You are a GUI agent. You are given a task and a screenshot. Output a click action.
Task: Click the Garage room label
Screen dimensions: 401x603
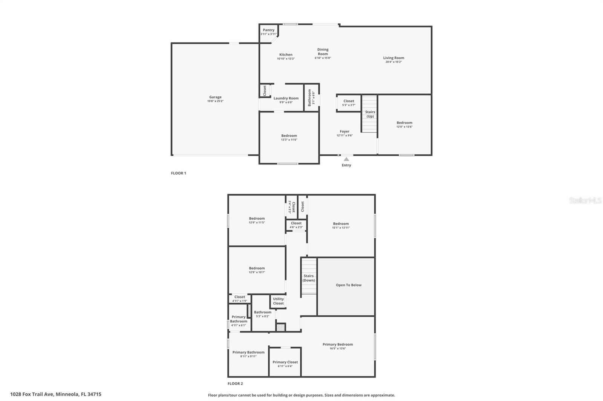[215, 97]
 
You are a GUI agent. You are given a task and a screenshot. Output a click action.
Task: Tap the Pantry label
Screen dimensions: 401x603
[269, 30]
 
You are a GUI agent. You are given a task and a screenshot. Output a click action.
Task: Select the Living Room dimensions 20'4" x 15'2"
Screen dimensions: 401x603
[393, 62]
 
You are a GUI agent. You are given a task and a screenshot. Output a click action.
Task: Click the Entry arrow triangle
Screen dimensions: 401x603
[346, 159]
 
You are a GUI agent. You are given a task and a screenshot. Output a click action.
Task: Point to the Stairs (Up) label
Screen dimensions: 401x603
[370, 114]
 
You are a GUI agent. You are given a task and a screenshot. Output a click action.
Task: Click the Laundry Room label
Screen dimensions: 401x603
[286, 98]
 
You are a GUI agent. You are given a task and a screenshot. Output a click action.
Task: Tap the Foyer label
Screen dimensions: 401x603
[344, 132]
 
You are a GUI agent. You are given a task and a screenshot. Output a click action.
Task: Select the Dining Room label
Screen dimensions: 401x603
[323, 52]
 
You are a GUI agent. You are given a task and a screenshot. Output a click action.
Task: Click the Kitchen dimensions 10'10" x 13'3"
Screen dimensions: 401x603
[286, 59]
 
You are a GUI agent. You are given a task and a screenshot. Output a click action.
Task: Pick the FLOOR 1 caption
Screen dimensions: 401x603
[179, 173]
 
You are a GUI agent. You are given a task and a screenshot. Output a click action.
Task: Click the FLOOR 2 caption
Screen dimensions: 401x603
[235, 384]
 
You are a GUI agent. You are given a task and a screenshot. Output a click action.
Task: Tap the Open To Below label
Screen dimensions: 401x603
[349, 285]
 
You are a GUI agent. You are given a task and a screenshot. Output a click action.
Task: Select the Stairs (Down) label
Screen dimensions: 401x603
[309, 278]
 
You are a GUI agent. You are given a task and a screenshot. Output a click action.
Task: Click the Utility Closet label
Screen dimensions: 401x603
[279, 301]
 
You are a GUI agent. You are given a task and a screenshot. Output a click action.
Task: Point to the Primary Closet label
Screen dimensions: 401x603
[285, 362]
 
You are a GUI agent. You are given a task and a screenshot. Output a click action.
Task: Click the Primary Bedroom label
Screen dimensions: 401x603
[338, 344]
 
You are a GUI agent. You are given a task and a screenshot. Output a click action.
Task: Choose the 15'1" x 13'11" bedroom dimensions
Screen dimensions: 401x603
[341, 228]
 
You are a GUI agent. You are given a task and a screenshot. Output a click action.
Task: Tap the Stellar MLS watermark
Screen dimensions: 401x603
[585, 200]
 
